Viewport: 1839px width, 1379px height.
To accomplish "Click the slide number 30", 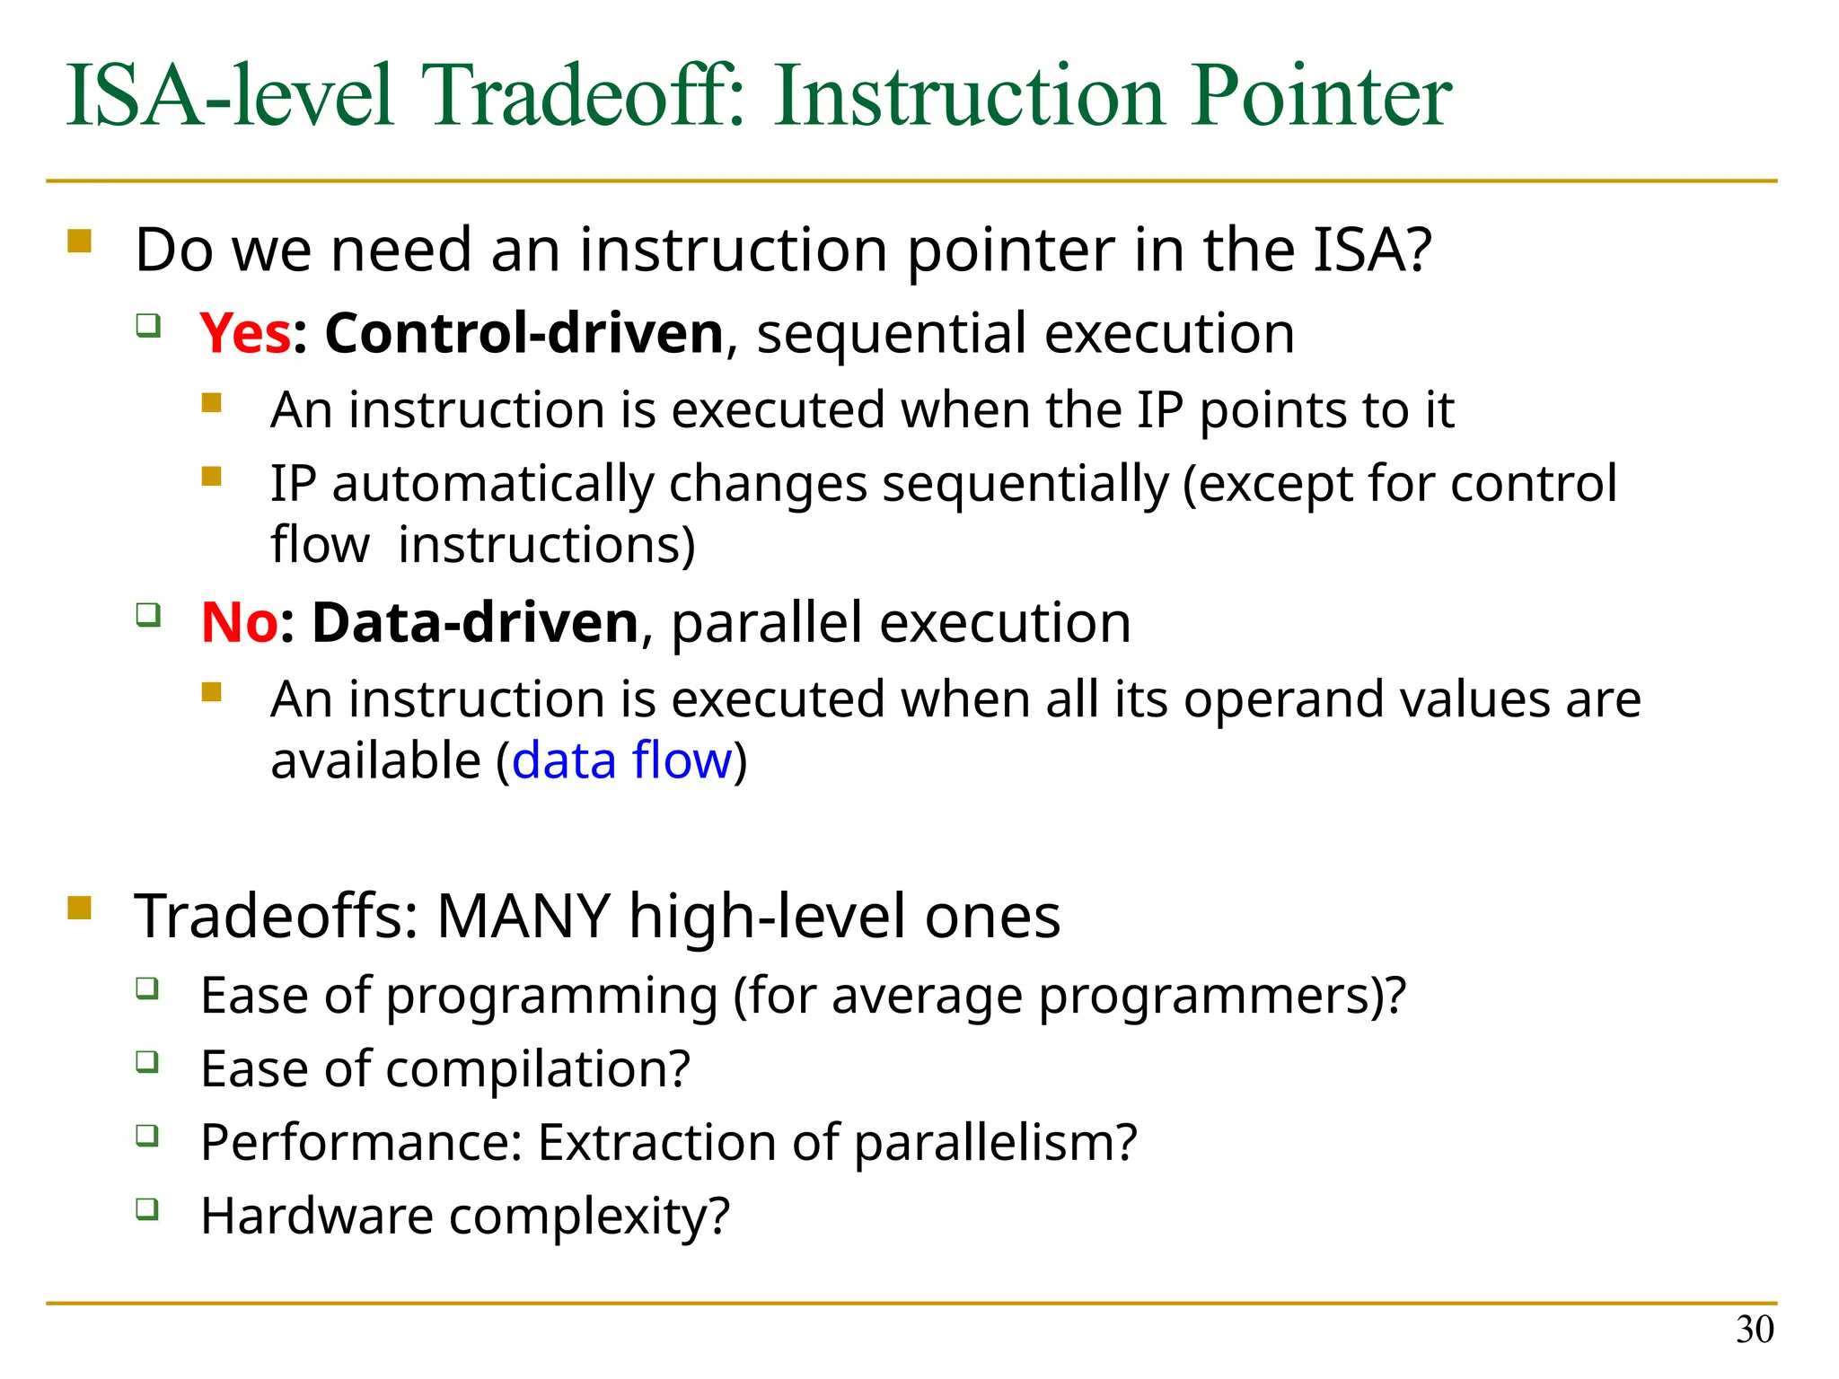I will [x=1755, y=1330].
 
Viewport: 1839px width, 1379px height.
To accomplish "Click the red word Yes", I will [x=245, y=333].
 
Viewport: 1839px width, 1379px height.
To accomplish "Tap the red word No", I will [x=239, y=622].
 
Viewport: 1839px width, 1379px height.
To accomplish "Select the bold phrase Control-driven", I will [x=524, y=333].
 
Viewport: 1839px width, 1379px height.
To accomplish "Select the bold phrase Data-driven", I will [x=475, y=622].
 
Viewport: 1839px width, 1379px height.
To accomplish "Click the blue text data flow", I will [x=622, y=760].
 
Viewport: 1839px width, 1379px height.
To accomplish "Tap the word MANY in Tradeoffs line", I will [x=524, y=917].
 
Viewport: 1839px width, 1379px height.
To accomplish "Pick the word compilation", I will [x=537, y=1069].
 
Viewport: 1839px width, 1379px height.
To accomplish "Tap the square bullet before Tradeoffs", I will [x=80, y=909].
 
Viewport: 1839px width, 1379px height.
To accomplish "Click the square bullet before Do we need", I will [x=80, y=242].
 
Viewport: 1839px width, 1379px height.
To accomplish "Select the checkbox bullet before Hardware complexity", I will [x=148, y=1209].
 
